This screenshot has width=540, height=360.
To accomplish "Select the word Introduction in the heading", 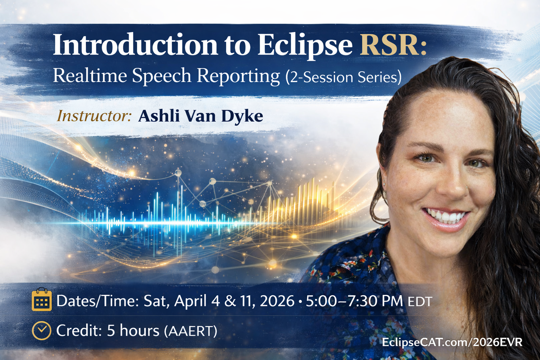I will tap(135, 45).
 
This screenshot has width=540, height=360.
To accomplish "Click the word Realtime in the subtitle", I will tap(90, 76).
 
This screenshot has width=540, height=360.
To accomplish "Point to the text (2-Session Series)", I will tap(343, 77).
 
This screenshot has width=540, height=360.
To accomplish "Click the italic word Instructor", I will tap(94, 116).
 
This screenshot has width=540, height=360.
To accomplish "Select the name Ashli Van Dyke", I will tap(200, 116).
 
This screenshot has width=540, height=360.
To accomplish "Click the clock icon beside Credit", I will tap(41, 330).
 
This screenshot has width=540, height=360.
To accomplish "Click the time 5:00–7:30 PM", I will tap(354, 301).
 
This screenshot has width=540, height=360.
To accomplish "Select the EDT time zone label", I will tap(420, 302).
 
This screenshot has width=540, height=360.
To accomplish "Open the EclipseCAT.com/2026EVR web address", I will tap(452, 342).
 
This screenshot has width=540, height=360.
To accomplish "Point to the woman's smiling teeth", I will tap(446, 215).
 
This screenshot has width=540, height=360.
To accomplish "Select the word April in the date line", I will tap(190, 301).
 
